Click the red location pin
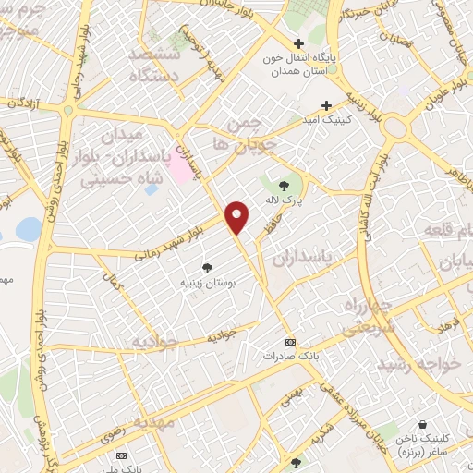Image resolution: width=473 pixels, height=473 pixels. [x=237, y=216]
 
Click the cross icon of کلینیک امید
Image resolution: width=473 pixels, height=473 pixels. [x=325, y=105]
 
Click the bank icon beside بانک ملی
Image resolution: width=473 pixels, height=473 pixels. [x=120, y=455]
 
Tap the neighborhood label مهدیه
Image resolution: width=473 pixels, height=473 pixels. [x=152, y=421]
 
